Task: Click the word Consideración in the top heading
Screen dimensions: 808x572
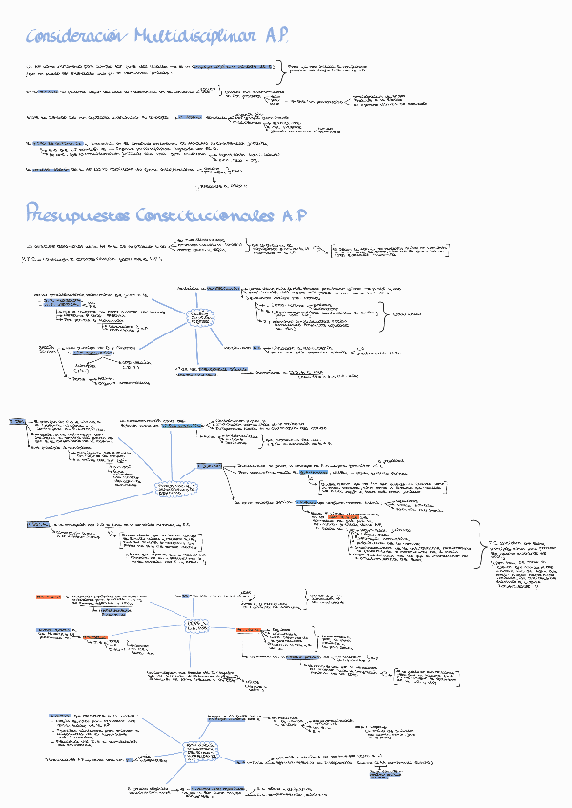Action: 74,36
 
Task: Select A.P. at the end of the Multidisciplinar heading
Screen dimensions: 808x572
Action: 277,36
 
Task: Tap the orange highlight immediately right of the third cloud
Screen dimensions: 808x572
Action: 249,630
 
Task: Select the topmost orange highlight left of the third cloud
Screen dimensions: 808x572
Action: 49,596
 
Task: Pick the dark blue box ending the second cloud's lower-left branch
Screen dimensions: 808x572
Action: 38,524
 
